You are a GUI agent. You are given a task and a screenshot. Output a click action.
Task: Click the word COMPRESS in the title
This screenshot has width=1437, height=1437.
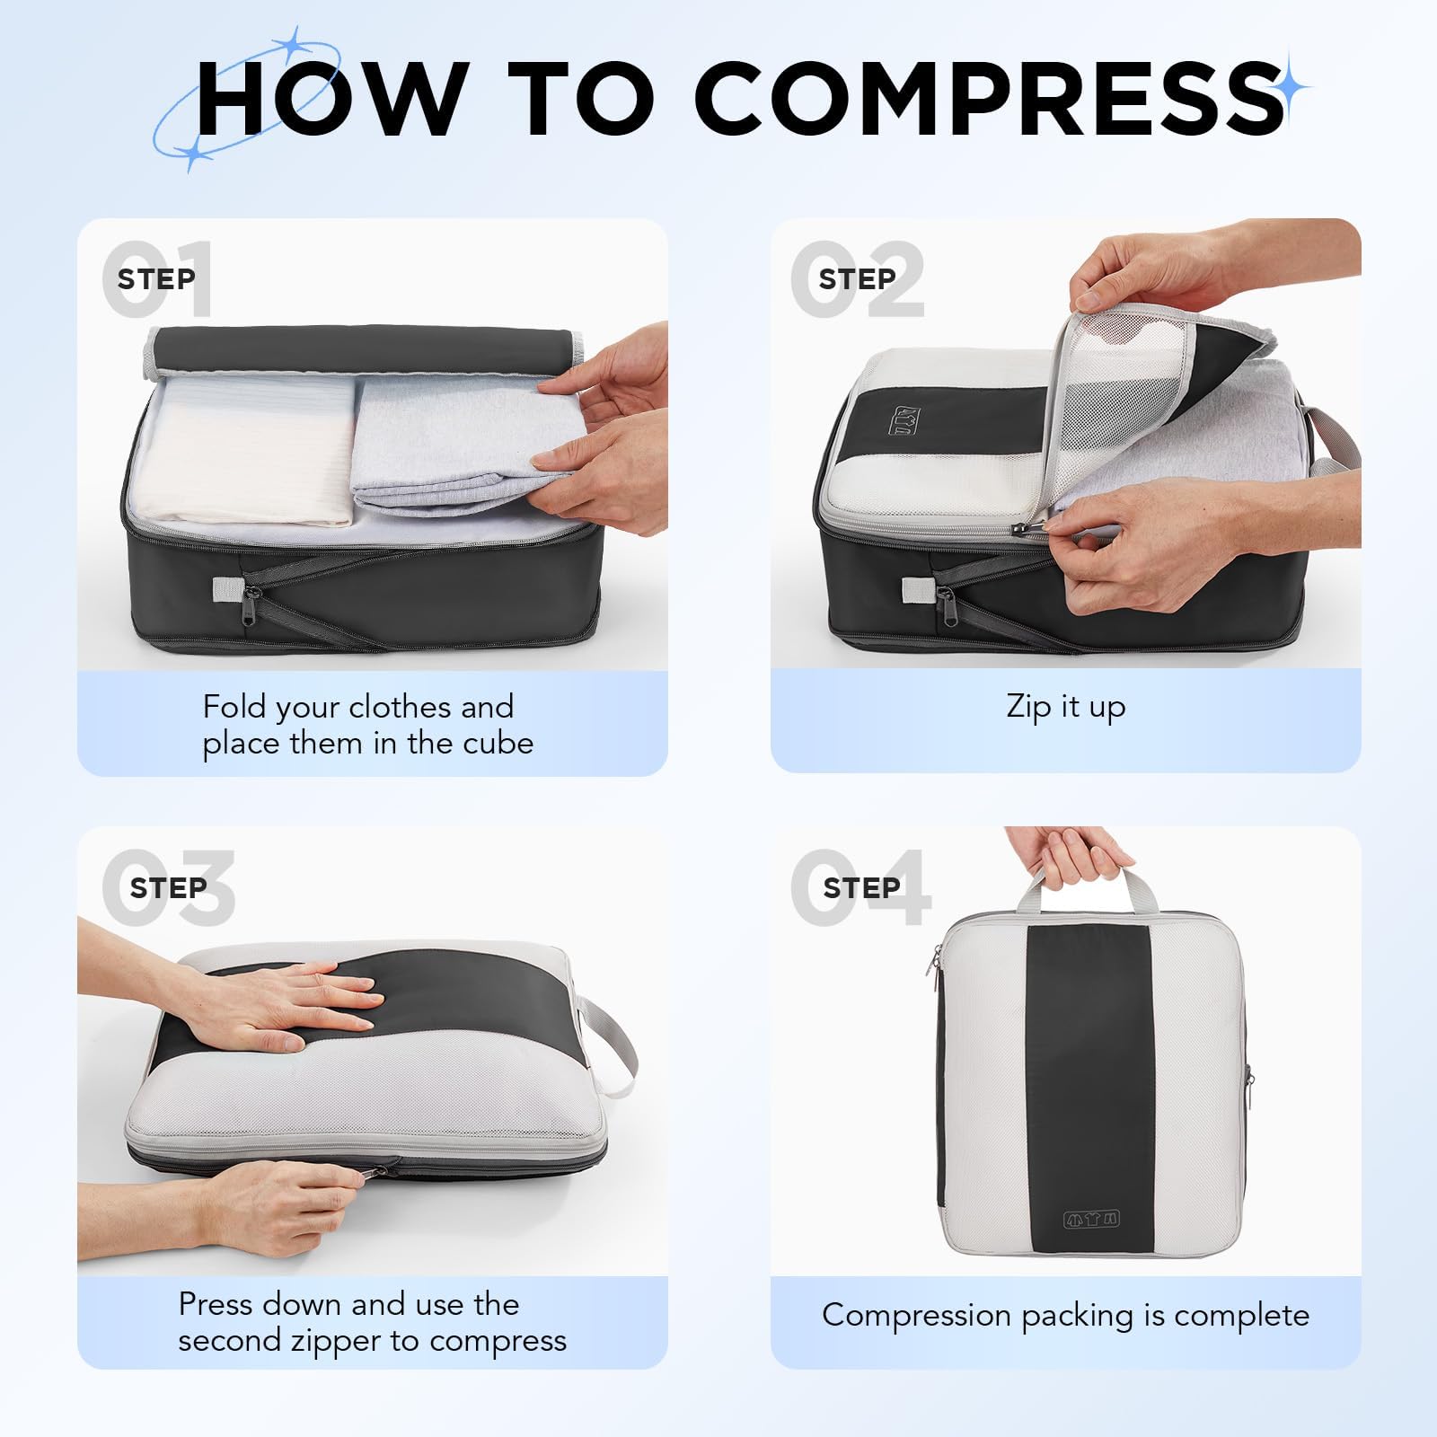click(988, 99)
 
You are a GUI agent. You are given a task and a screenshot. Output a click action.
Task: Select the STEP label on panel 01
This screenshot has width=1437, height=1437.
click(156, 279)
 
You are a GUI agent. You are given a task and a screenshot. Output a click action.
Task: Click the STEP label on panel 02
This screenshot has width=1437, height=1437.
click(857, 279)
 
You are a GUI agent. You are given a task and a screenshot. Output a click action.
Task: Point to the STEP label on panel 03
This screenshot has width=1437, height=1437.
click(168, 888)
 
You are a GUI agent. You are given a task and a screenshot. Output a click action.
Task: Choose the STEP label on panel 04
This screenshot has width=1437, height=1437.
click(861, 888)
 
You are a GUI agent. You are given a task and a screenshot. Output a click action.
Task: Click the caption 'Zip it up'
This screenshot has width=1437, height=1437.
click(1065, 707)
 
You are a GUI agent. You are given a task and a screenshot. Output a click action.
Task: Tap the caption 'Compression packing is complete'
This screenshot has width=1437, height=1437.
click(1065, 1316)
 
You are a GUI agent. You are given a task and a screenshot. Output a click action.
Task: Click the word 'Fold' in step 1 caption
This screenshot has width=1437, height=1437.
click(234, 707)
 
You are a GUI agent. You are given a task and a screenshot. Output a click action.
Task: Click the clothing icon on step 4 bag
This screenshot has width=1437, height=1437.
click(1091, 1219)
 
